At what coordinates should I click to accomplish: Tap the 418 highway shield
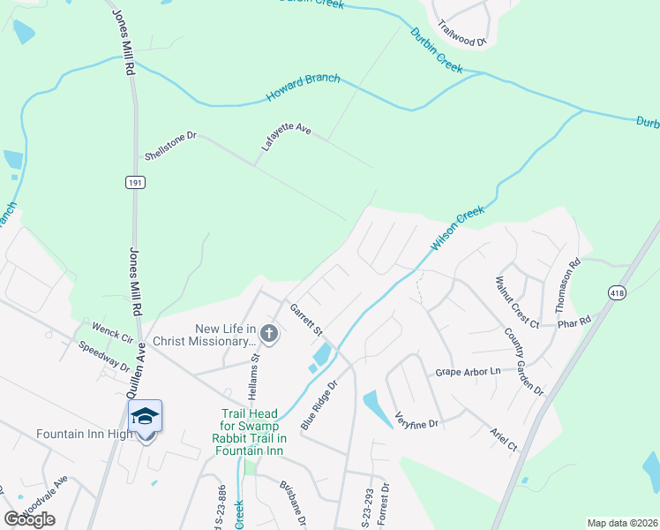(618, 291)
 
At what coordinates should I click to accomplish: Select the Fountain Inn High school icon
(145, 415)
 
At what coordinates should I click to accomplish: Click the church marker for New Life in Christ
(270, 334)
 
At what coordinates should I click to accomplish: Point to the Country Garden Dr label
(524, 361)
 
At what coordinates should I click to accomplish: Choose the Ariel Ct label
(504, 440)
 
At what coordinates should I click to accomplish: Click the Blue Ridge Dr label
(319, 405)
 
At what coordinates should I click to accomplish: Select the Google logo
(29, 519)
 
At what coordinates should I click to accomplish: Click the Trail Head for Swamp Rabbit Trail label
(253, 432)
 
